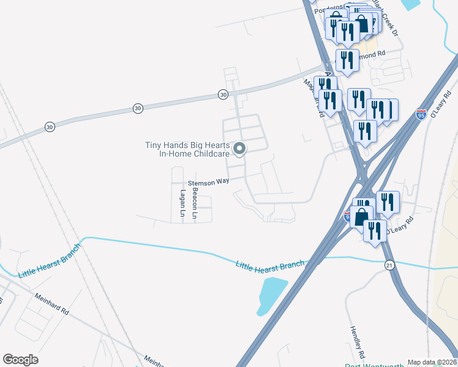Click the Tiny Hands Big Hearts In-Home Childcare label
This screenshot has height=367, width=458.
[187, 149]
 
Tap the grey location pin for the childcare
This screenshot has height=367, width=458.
[240, 148]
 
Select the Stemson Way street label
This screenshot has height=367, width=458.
[208, 182]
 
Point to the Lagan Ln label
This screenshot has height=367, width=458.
[182, 203]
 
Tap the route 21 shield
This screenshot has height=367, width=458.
[389, 264]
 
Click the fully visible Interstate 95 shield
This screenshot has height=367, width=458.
[421, 114]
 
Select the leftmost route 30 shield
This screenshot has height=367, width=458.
[50, 127]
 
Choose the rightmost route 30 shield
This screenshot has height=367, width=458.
[223, 95]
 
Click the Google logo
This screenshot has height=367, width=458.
[21, 359]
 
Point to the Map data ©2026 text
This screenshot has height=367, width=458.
[431, 362]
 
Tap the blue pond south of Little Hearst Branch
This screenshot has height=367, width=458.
[272, 295]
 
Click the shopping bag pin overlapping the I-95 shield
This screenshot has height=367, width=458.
[362, 218]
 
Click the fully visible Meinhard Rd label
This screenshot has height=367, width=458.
[53, 302]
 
